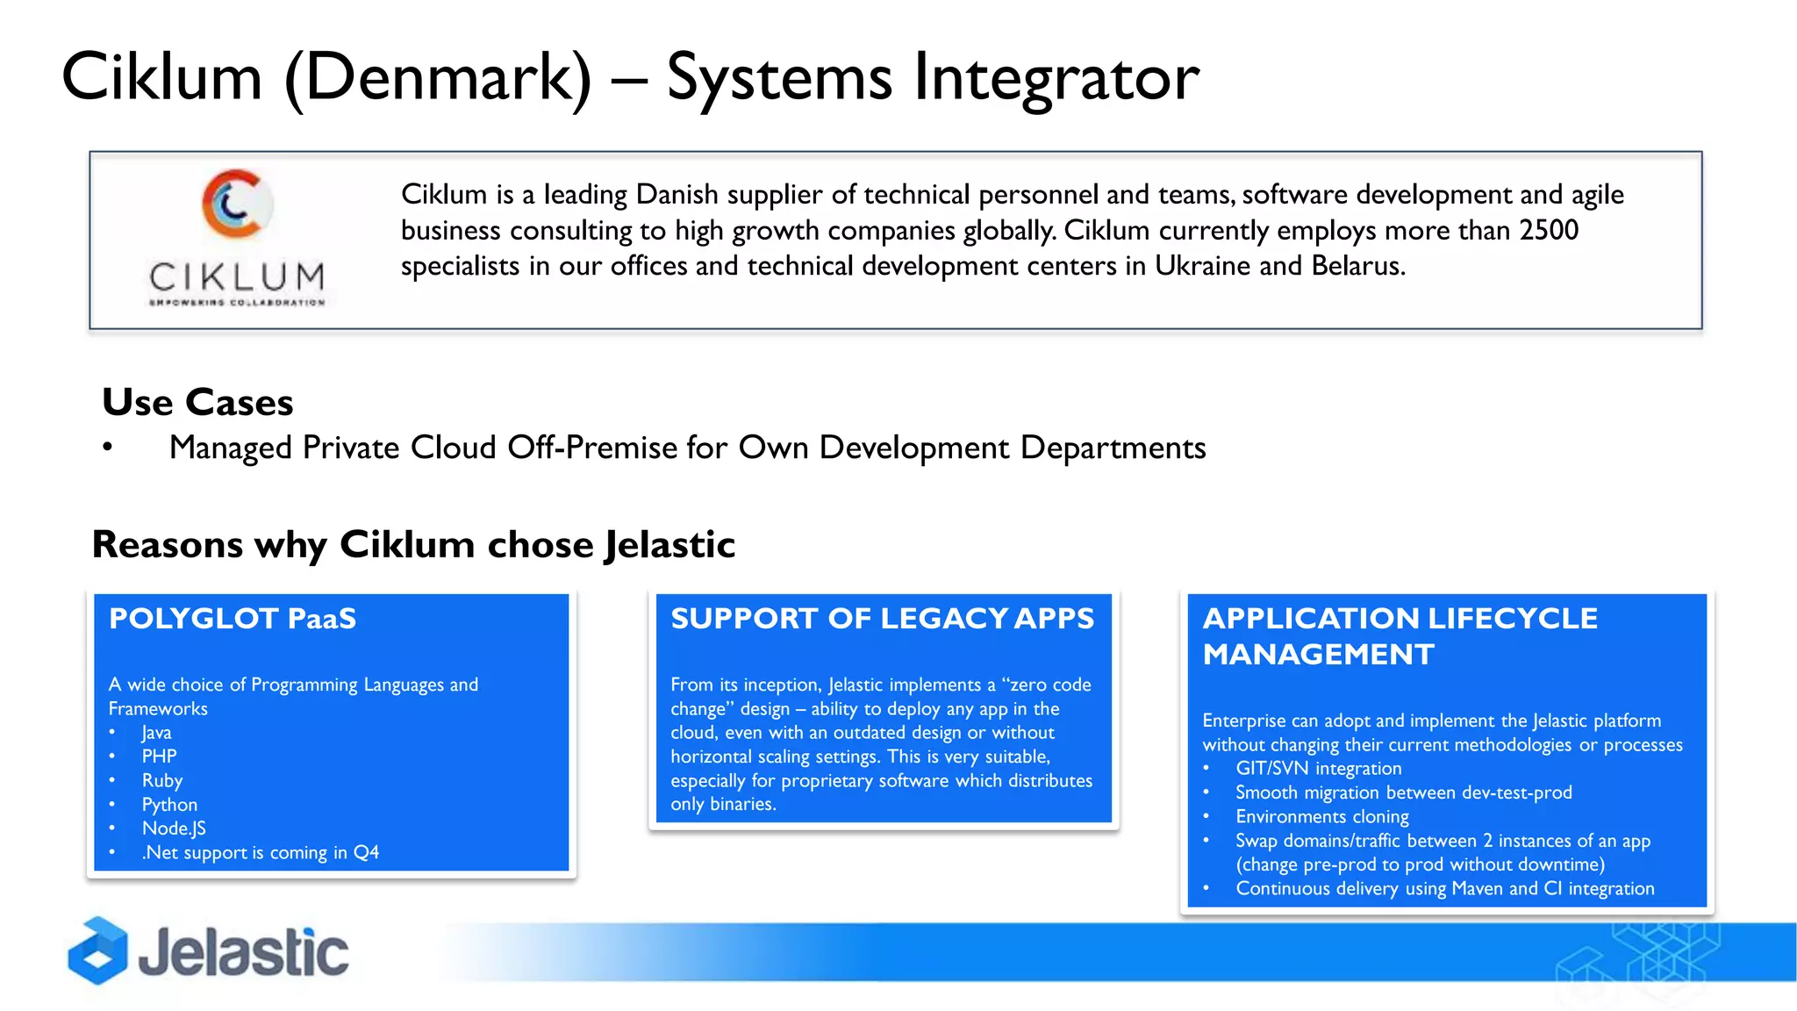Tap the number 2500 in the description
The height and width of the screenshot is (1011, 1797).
tap(1549, 230)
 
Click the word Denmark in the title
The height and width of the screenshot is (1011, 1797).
tap(439, 77)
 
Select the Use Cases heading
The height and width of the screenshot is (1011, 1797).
tap(197, 402)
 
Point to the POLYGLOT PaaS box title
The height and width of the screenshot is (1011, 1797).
tap(233, 619)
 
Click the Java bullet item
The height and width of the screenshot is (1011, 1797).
tap(156, 733)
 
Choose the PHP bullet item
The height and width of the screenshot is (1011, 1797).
tap(159, 756)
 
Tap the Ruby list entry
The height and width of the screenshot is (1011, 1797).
tap(162, 780)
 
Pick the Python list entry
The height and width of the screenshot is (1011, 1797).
tap(169, 805)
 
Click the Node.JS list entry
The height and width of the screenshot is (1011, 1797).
tap(174, 828)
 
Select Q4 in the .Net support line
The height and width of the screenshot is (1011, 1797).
tap(366, 852)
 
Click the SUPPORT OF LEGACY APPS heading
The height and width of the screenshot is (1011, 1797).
tap(882, 619)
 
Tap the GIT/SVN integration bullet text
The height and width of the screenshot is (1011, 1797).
tap(1318, 769)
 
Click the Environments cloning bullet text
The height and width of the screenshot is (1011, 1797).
tap(1321, 817)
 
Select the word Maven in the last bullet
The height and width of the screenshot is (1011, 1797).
tap(1478, 889)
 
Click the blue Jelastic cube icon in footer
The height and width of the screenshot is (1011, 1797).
tap(97, 951)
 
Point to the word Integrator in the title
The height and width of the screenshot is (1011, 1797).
tap(1056, 77)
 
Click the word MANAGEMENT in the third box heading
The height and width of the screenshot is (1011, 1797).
tap(1318, 655)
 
